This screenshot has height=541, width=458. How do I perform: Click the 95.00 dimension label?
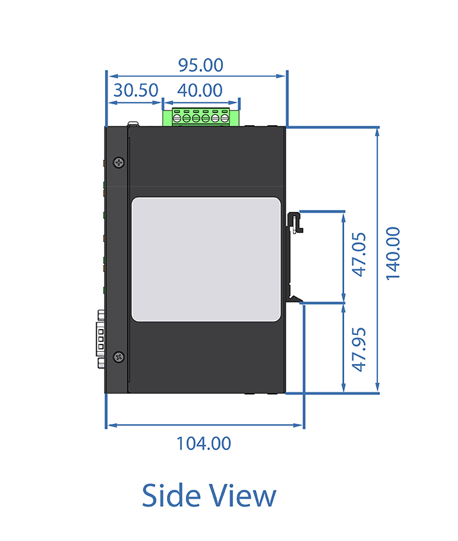[201, 65]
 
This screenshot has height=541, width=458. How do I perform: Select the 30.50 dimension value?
[136, 90]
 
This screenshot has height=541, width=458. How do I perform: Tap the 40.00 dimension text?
[199, 90]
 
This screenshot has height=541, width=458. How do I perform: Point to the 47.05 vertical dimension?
[359, 254]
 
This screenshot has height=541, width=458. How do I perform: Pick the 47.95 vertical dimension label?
[359, 349]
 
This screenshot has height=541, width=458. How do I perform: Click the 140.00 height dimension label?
[393, 254]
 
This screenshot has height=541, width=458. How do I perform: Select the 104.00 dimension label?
[203, 443]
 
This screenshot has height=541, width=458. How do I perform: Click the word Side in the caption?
[171, 495]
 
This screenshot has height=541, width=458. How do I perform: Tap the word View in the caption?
[243, 495]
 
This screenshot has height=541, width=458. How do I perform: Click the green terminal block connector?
[201, 117]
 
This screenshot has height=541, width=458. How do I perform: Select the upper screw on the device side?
[119, 162]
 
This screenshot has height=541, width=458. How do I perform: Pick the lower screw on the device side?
[119, 357]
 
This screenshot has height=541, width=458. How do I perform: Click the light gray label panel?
[206, 260]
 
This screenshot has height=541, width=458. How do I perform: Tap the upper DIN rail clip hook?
[294, 223]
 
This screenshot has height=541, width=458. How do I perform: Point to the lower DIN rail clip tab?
[294, 298]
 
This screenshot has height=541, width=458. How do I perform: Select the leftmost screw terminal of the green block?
[177, 118]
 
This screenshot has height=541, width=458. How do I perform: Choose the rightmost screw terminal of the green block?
[225, 118]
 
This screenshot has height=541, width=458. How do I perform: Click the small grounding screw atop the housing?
[133, 124]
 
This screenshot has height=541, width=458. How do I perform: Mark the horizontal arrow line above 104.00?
[205, 425]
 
